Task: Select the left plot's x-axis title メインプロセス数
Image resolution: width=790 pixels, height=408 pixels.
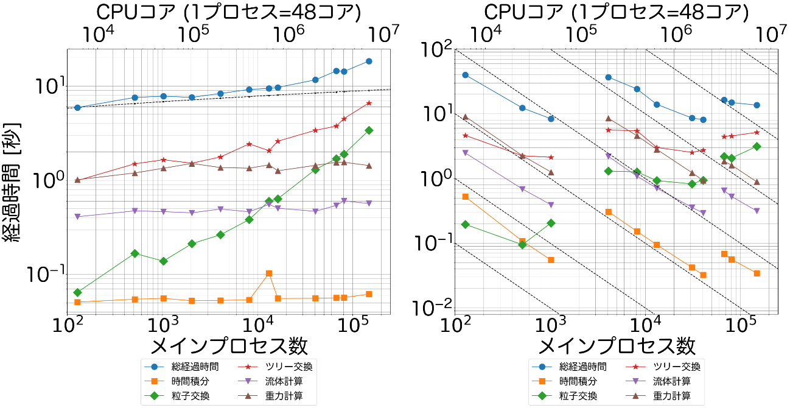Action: click(x=228, y=346)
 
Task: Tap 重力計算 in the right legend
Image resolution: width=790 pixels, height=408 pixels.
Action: click(x=676, y=396)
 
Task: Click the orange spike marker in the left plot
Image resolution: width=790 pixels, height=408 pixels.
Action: click(x=269, y=273)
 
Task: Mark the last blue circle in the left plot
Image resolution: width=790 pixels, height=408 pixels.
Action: click(x=369, y=62)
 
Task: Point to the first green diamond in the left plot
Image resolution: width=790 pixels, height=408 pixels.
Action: click(x=77, y=292)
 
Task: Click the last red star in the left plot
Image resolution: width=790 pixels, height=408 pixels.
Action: click(x=369, y=103)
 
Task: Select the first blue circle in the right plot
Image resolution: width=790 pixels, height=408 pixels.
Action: click(x=466, y=75)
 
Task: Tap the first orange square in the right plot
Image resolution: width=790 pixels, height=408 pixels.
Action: click(x=466, y=197)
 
